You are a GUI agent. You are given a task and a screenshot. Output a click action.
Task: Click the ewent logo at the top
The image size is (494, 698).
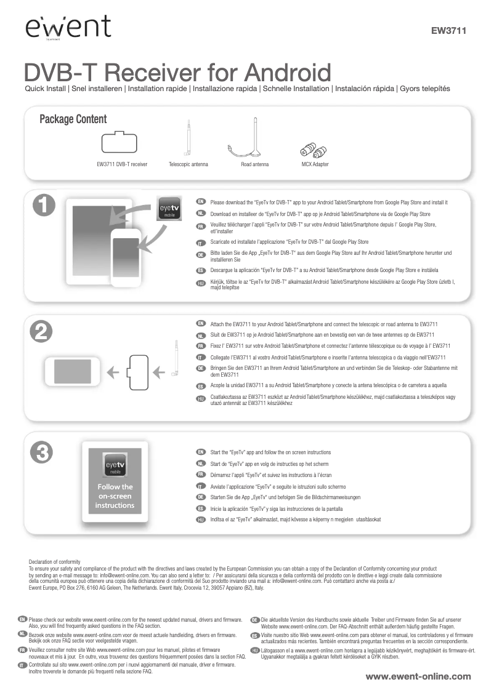[68, 27]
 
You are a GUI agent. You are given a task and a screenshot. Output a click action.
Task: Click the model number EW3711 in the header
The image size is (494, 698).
[448, 30]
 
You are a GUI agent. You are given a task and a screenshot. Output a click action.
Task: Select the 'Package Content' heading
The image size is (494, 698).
[73, 119]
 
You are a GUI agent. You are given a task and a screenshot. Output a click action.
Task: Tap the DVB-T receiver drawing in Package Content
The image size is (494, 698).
[121, 143]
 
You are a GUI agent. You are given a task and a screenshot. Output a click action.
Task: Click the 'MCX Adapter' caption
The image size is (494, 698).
[315, 165]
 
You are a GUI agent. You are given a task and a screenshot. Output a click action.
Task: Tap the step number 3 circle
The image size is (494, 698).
[42, 452]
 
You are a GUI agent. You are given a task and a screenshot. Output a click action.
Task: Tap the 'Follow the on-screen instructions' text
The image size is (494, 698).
[115, 496]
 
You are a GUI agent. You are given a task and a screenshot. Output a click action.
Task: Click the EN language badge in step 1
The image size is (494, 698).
[200, 202]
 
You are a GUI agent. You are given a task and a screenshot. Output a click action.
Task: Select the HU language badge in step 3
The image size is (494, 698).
[200, 520]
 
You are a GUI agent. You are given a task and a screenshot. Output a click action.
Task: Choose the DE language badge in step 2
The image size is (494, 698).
[200, 369]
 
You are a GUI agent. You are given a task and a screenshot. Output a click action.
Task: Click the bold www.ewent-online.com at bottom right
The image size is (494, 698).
[418, 676]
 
